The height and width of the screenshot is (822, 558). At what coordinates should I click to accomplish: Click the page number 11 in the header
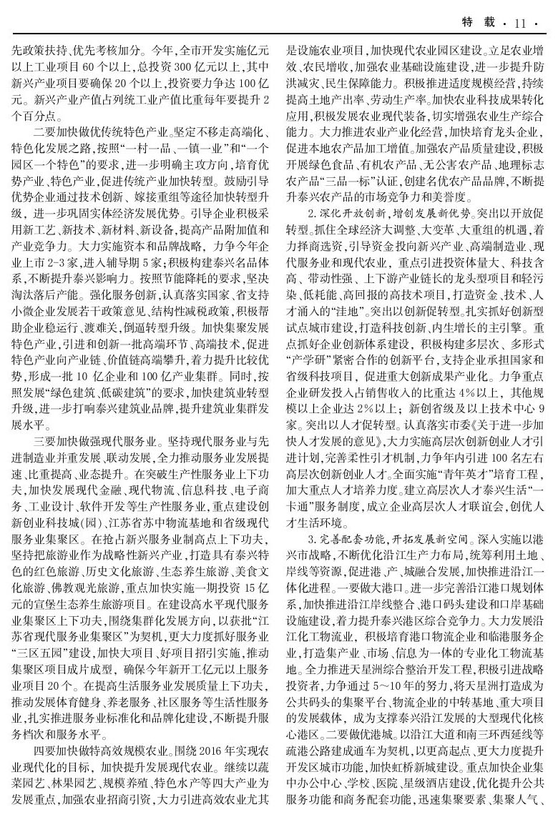(520, 23)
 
